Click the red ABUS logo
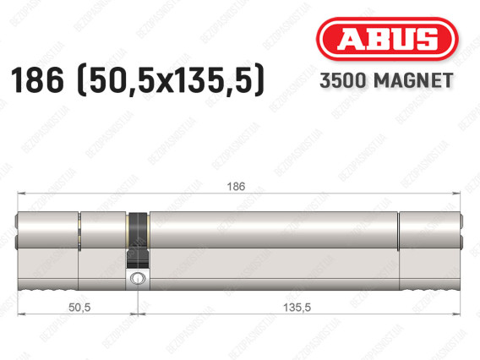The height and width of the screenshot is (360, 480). (387, 39)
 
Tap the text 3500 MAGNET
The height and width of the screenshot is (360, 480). (386, 80)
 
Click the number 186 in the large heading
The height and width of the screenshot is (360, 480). (37, 80)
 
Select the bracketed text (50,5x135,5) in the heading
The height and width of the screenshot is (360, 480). (172, 80)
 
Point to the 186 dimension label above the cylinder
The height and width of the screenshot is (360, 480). (236, 186)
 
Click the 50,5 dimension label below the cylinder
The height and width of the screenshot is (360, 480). (79, 307)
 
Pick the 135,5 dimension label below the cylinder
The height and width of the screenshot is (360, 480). (297, 307)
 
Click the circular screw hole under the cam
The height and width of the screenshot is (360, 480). (137, 279)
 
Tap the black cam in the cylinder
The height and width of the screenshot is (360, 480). (139, 240)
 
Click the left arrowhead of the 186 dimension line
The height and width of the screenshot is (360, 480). (21, 194)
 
